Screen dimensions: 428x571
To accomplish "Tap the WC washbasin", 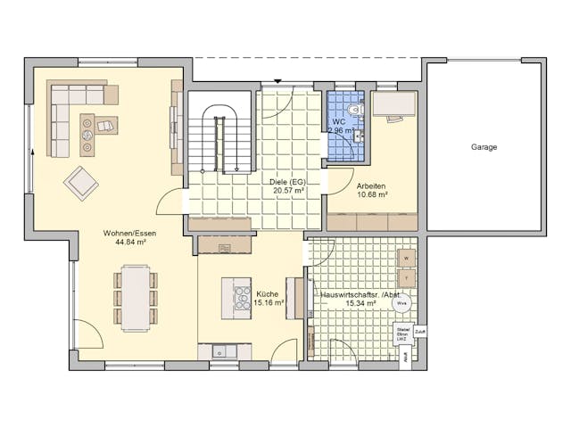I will tap(357, 137).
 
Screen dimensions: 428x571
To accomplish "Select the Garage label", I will tap(484, 147).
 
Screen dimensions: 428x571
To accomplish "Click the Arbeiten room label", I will tap(371, 185).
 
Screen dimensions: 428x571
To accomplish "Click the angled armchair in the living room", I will tap(81, 183).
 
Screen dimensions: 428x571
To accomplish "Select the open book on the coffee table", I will tap(105, 126).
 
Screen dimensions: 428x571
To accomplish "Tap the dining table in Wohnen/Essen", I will tap(136, 296).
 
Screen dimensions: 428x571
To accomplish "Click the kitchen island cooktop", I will tap(242, 298).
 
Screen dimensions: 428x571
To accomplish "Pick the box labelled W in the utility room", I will tap(406, 259).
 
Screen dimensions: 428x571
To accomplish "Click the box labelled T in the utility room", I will tap(406, 279).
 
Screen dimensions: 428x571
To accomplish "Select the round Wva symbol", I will tap(401, 302).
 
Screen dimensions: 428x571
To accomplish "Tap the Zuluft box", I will tap(420, 333).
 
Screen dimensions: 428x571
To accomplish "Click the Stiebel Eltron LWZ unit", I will tap(402, 335).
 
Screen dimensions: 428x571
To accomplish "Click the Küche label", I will tap(266, 293).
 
